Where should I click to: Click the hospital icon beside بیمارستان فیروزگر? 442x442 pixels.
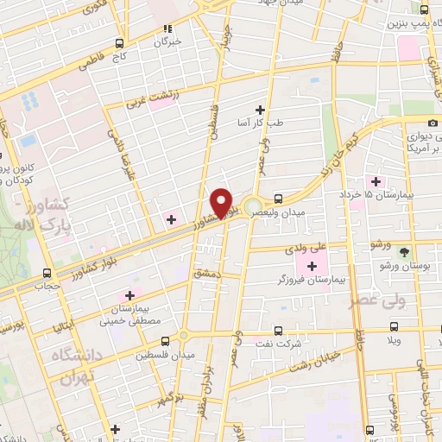(313, 263)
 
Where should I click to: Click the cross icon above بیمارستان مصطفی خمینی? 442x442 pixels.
(130, 294)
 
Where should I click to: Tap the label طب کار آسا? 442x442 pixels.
(260, 123)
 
